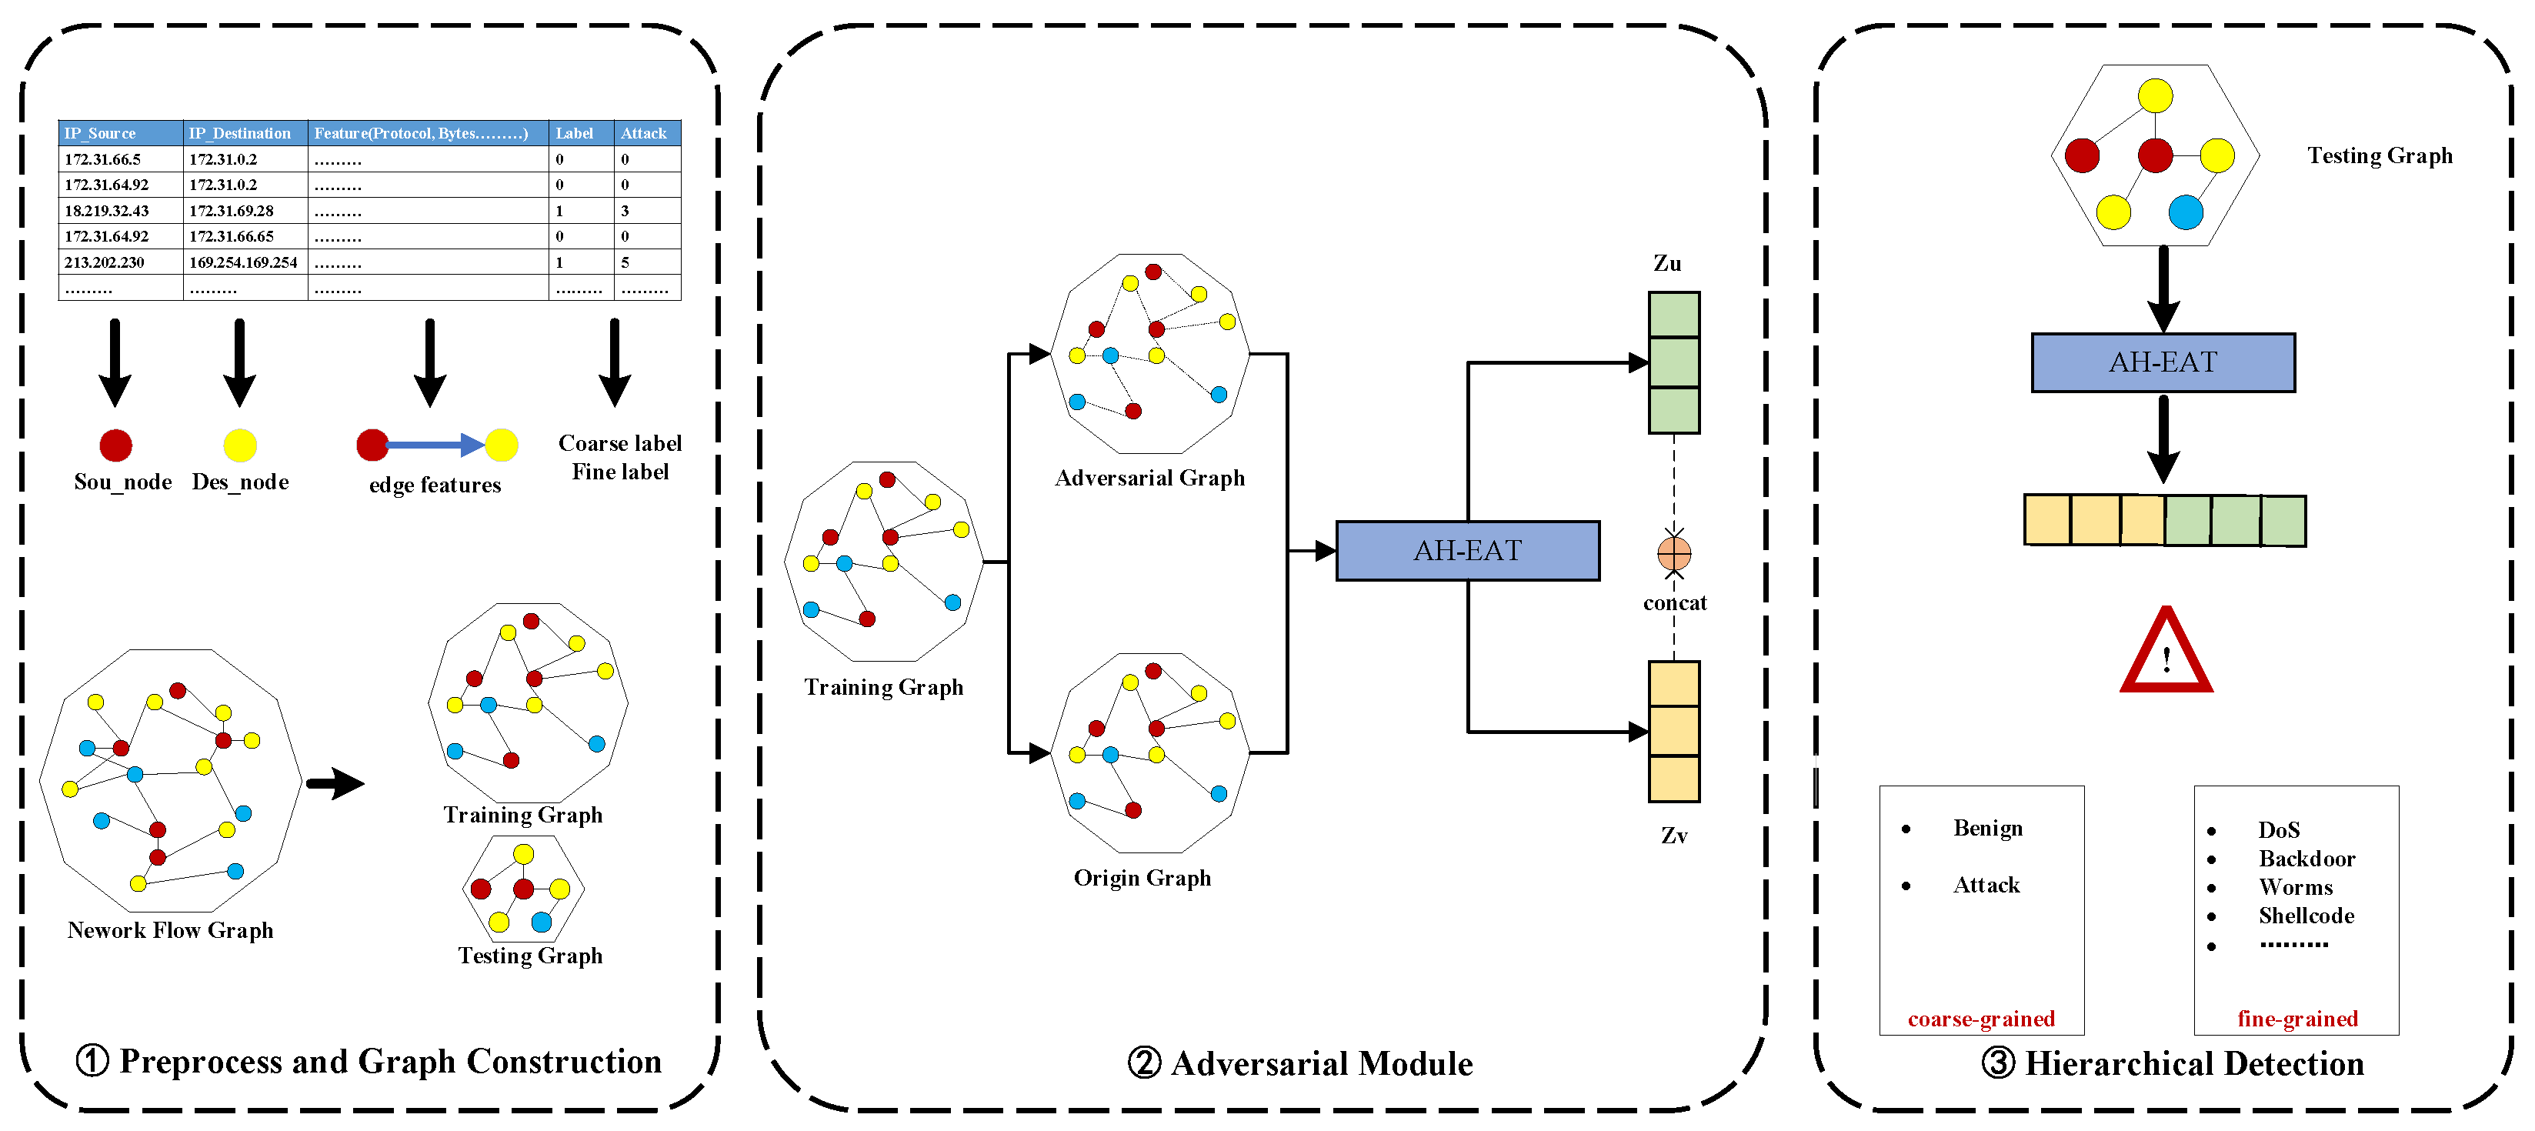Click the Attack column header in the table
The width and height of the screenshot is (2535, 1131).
pyautogui.click(x=644, y=133)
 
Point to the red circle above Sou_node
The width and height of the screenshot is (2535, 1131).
pyautogui.click(x=116, y=445)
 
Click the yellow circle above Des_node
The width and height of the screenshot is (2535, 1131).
pyautogui.click(x=240, y=445)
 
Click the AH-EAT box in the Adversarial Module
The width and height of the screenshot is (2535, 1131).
pyautogui.click(x=1466, y=550)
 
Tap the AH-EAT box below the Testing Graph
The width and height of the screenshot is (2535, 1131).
pyautogui.click(x=2162, y=362)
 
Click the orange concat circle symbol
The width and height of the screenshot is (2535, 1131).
pyautogui.click(x=1674, y=553)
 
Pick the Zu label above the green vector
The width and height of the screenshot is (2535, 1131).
pyautogui.click(x=1667, y=264)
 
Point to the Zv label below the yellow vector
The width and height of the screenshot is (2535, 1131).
pyautogui.click(x=1674, y=836)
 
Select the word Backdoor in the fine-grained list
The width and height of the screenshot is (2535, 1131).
pyautogui.click(x=2306, y=859)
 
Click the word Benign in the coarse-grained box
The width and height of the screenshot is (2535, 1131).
pyautogui.click(x=1987, y=828)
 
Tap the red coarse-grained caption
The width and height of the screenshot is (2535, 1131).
pyautogui.click(x=1980, y=1019)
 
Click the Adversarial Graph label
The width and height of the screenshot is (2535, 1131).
pyautogui.click(x=1149, y=479)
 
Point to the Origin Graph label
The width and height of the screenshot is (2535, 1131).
pyautogui.click(x=1142, y=878)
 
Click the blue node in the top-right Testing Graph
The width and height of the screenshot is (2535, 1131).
pyautogui.click(x=2185, y=212)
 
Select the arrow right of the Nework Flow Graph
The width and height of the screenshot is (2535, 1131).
pyautogui.click(x=335, y=783)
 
